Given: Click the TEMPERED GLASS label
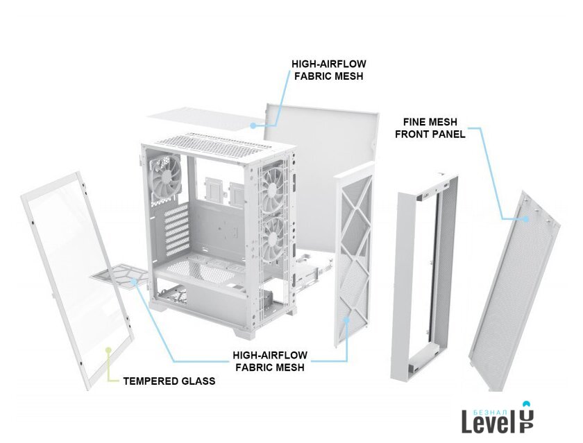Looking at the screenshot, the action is click(x=169, y=381).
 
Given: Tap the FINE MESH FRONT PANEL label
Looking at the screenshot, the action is click(x=430, y=128).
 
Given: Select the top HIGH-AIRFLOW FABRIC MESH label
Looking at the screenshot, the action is click(x=329, y=70).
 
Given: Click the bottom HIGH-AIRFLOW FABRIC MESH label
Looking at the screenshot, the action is click(x=270, y=361).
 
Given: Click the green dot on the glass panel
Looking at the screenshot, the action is click(x=108, y=350).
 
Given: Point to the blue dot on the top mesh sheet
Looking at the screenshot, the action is click(x=253, y=126).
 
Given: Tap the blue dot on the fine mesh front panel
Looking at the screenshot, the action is click(x=526, y=219).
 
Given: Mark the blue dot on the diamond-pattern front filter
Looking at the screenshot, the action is click(x=346, y=320).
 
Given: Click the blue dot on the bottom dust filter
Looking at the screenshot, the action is click(x=135, y=281).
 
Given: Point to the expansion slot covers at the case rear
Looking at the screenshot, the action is click(x=176, y=230).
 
